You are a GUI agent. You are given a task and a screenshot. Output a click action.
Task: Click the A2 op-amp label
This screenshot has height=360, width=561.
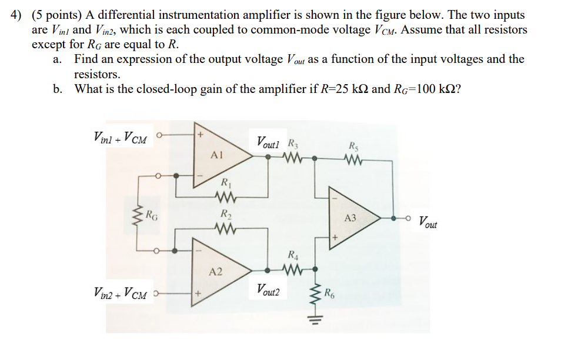[216, 272]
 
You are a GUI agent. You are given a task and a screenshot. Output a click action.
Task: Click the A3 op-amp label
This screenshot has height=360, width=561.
[350, 218]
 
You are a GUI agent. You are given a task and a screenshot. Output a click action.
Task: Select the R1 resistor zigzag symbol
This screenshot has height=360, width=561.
[225, 196]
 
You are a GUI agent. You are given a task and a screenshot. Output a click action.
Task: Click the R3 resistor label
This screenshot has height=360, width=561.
[292, 142]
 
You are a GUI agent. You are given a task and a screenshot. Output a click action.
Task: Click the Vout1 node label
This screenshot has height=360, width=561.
[269, 142]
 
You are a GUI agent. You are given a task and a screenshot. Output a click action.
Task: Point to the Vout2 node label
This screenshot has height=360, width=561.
[268, 289]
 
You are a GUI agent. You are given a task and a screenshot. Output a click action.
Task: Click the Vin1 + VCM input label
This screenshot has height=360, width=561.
[122, 139]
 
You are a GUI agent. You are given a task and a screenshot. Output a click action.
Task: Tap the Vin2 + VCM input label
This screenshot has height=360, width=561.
[122, 291]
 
